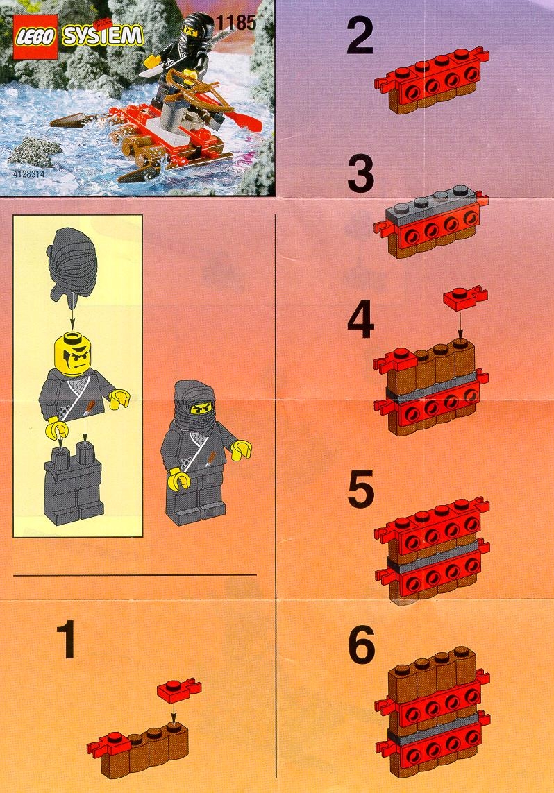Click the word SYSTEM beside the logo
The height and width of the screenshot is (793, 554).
click(x=101, y=36)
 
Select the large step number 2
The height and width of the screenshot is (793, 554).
click(x=360, y=35)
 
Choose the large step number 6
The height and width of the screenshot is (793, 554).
click(x=362, y=645)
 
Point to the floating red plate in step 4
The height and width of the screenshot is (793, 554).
click(x=465, y=297)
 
